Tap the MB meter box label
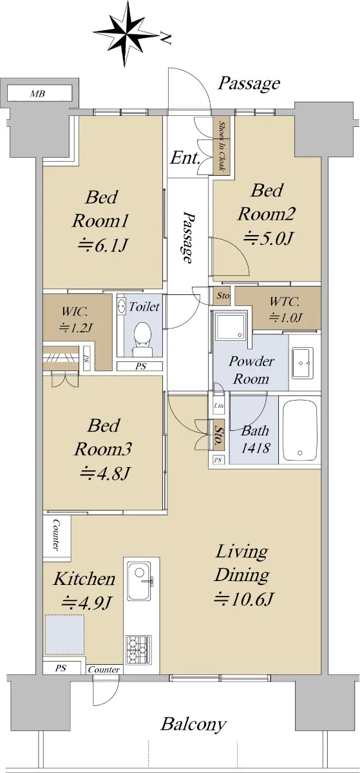coord(37,93)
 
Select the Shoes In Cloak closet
coord(222,147)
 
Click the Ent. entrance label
coord(185,158)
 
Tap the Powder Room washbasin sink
coord(302,363)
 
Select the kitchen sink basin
coord(138,581)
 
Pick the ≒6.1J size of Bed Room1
coord(102,245)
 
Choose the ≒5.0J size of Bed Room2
coord(269,238)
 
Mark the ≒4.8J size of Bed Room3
coord(104,473)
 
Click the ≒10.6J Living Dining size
coord(243,598)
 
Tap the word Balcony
coord(194,723)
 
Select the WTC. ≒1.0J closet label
coord(285,309)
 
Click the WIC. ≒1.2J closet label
coord(75,320)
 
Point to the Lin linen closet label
coord(219,405)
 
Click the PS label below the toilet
coord(140,367)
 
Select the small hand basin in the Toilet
coord(122,305)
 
